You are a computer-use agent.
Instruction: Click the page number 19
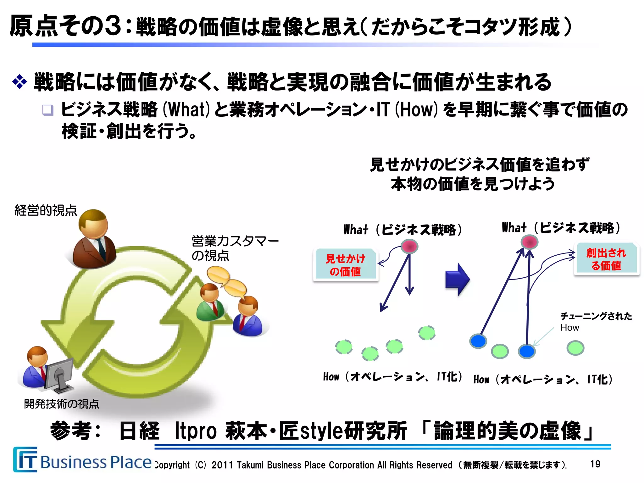595,464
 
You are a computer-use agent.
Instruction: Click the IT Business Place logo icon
25,460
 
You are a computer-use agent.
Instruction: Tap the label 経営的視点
46,210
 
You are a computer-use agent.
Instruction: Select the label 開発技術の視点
62,404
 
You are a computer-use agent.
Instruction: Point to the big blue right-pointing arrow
458,279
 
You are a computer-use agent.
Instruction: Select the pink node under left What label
409,246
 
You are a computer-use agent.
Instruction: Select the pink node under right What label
530,242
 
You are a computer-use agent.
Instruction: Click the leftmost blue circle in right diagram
478,341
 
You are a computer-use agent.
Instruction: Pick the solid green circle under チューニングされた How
575,348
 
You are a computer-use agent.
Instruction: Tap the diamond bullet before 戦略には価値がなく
19,82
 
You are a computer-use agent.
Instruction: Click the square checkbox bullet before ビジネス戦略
48,110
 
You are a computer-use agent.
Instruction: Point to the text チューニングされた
596,316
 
